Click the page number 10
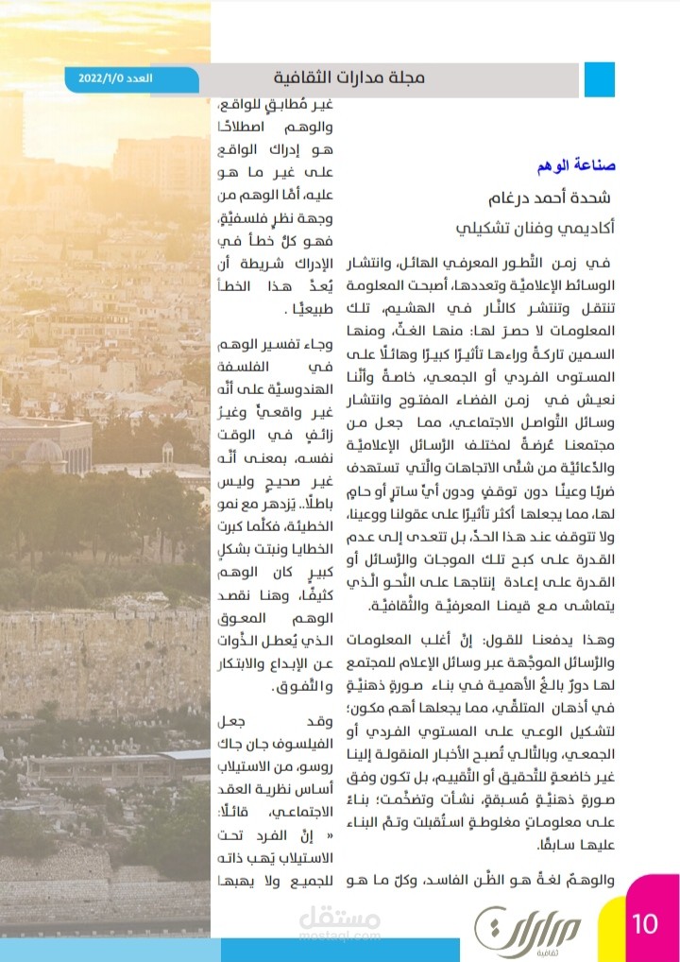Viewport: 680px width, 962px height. (x=646, y=922)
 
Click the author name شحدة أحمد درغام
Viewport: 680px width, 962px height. (x=550, y=198)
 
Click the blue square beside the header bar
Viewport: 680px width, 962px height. (x=599, y=79)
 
